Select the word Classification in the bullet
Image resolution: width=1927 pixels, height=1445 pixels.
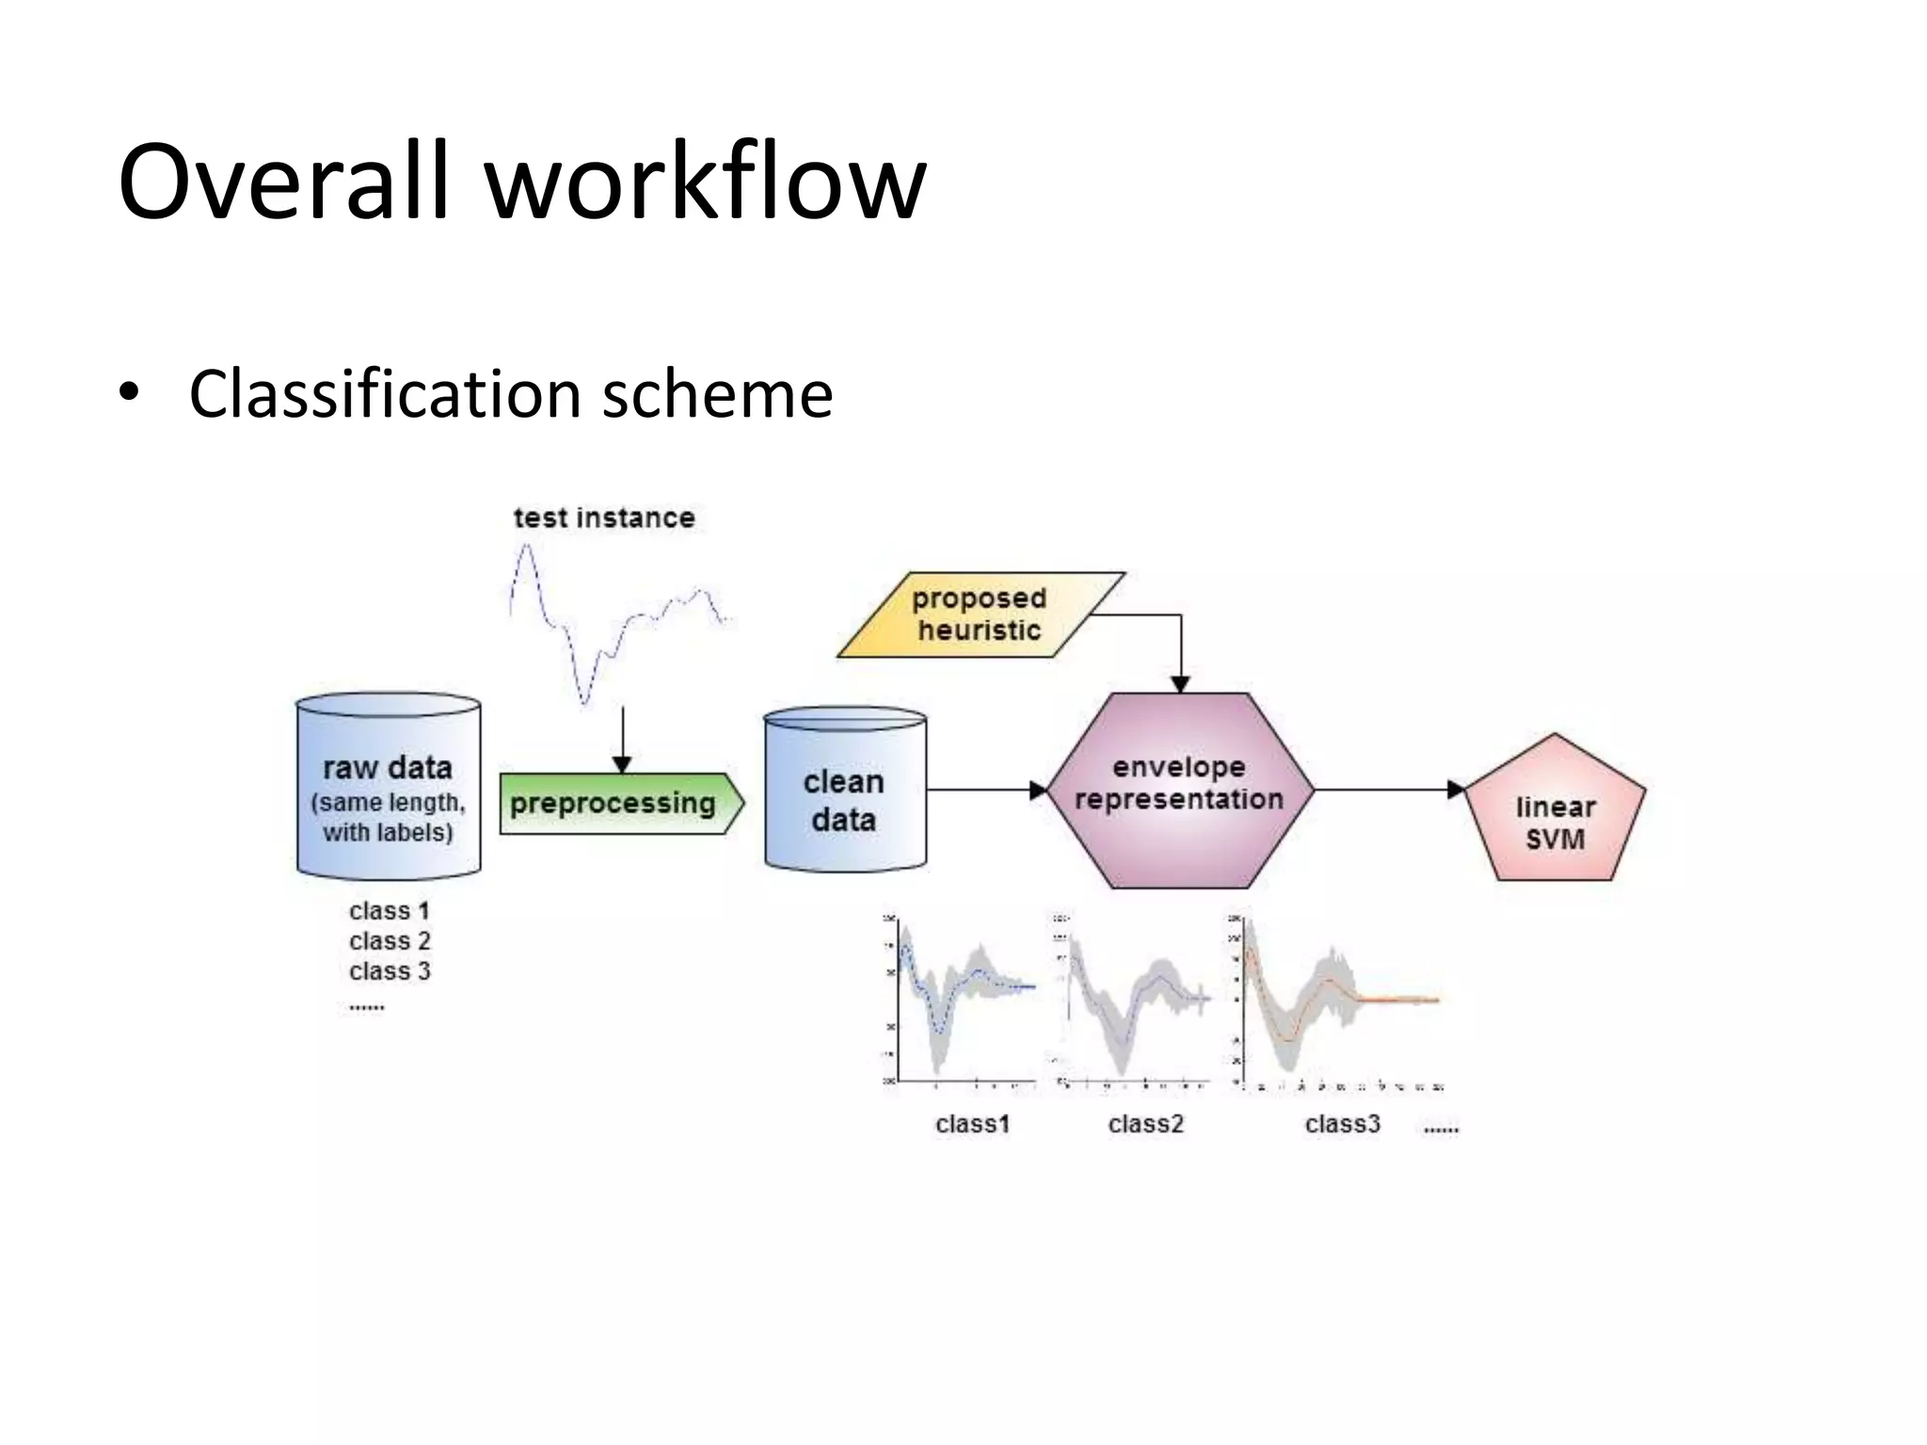point(384,393)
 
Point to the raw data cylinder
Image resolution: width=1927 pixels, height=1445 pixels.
point(389,786)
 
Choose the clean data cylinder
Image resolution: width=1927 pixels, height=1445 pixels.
point(845,790)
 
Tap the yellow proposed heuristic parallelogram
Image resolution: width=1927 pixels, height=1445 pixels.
point(979,614)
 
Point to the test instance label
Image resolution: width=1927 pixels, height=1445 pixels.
point(604,517)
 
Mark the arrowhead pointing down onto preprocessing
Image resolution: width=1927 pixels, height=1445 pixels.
point(622,764)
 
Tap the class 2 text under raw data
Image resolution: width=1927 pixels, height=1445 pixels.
point(390,941)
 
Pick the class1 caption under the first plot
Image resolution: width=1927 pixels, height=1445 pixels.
point(972,1124)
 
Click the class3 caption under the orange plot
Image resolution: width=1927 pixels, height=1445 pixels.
point(1342,1124)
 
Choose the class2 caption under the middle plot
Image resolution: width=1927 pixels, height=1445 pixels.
point(1145,1124)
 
